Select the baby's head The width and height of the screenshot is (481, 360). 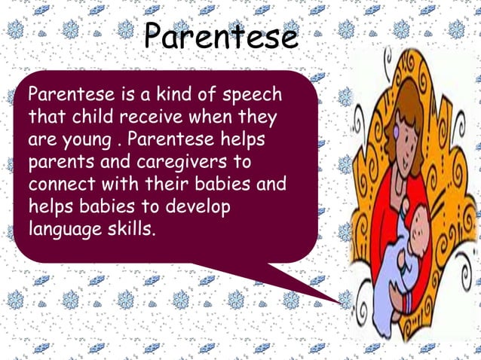pyautogui.click(x=419, y=226)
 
